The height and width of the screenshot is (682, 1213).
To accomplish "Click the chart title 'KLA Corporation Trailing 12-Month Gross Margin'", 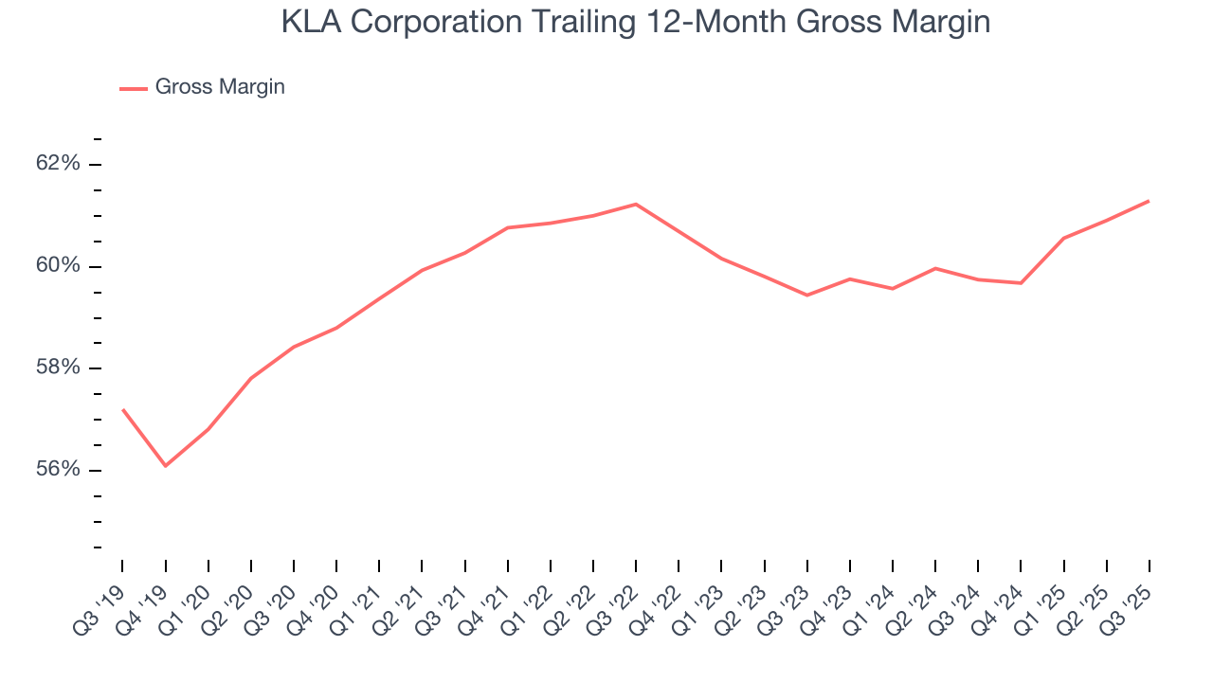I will tap(636, 22).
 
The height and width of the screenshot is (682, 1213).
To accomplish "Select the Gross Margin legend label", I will tap(220, 87).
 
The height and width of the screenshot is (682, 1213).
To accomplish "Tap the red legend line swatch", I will tap(133, 88).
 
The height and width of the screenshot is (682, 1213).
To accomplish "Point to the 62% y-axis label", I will tap(58, 164).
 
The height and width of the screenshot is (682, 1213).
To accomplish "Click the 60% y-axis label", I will tap(58, 266).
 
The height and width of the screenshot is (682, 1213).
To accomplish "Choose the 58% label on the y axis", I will tap(58, 368).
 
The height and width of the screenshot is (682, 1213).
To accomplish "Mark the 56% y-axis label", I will tap(58, 471).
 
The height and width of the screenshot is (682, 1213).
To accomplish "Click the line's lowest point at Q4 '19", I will tap(165, 466).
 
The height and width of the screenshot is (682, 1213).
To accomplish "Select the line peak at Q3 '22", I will tap(636, 204).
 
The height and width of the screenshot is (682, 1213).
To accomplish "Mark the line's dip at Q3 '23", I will tap(806, 296).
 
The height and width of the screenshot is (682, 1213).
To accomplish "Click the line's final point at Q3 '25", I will tap(1150, 201).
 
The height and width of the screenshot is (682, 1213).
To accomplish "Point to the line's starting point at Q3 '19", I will tap(122, 409).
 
